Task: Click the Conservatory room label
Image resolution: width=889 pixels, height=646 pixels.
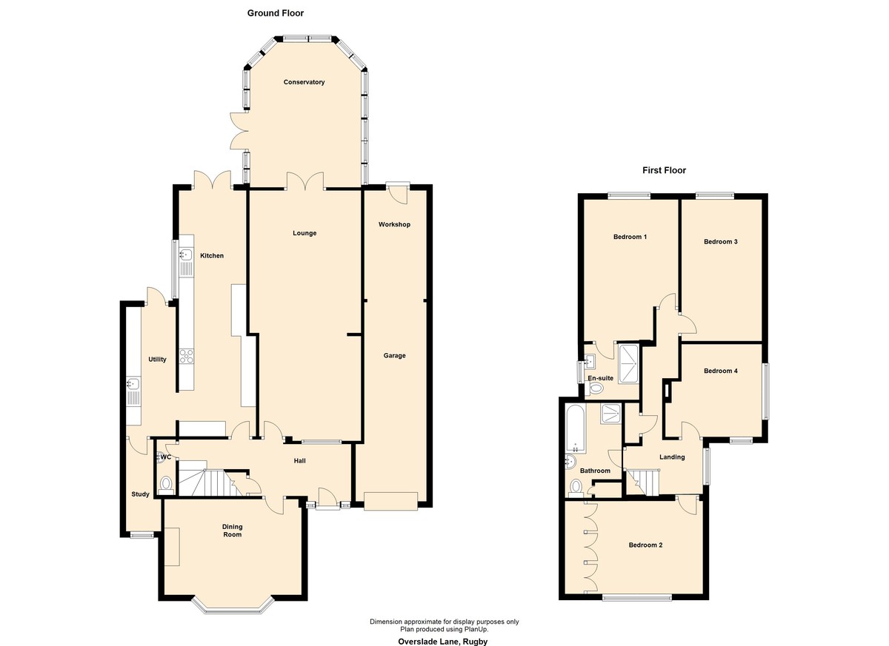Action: tap(304, 82)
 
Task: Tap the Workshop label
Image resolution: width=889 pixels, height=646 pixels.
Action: tap(394, 224)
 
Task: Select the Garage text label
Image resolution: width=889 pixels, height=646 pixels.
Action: tap(394, 355)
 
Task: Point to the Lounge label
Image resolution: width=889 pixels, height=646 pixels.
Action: tap(304, 233)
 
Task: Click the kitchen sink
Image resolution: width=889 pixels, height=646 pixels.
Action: tap(186, 254)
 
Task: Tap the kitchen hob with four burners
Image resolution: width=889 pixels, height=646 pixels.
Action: tap(186, 356)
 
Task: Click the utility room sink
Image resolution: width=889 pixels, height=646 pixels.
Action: tap(133, 383)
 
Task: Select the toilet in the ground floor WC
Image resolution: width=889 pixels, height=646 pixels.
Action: tap(165, 485)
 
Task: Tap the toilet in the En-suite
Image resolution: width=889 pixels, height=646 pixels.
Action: tap(595, 388)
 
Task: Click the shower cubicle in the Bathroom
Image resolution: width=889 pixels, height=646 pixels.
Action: tap(610, 413)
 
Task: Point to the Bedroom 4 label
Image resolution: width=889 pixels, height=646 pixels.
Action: tap(721, 371)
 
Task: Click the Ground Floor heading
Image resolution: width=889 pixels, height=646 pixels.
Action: tap(276, 13)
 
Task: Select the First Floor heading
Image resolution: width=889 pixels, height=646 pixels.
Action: tap(664, 170)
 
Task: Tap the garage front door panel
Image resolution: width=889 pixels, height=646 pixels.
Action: tap(391, 502)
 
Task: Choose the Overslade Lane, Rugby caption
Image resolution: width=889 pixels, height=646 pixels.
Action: tap(442, 642)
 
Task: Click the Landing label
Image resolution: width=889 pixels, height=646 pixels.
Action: tap(672, 457)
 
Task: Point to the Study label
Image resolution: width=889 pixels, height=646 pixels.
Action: tap(140, 494)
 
